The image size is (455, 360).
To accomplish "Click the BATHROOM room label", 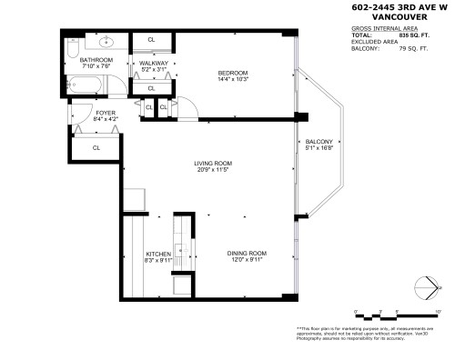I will pos(95,60).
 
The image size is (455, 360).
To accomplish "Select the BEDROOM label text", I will pos(232,73).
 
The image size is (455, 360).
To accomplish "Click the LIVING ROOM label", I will pos(211,164).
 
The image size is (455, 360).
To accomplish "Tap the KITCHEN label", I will pos(159,254).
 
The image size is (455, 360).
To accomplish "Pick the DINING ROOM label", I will pos(247,254).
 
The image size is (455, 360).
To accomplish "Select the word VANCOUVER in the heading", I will pos(403,19).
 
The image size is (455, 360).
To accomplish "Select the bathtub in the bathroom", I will pos(89,88).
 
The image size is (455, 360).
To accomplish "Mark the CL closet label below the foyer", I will pos(96,147).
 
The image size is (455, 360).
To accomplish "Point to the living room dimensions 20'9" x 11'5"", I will pos(211,170).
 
